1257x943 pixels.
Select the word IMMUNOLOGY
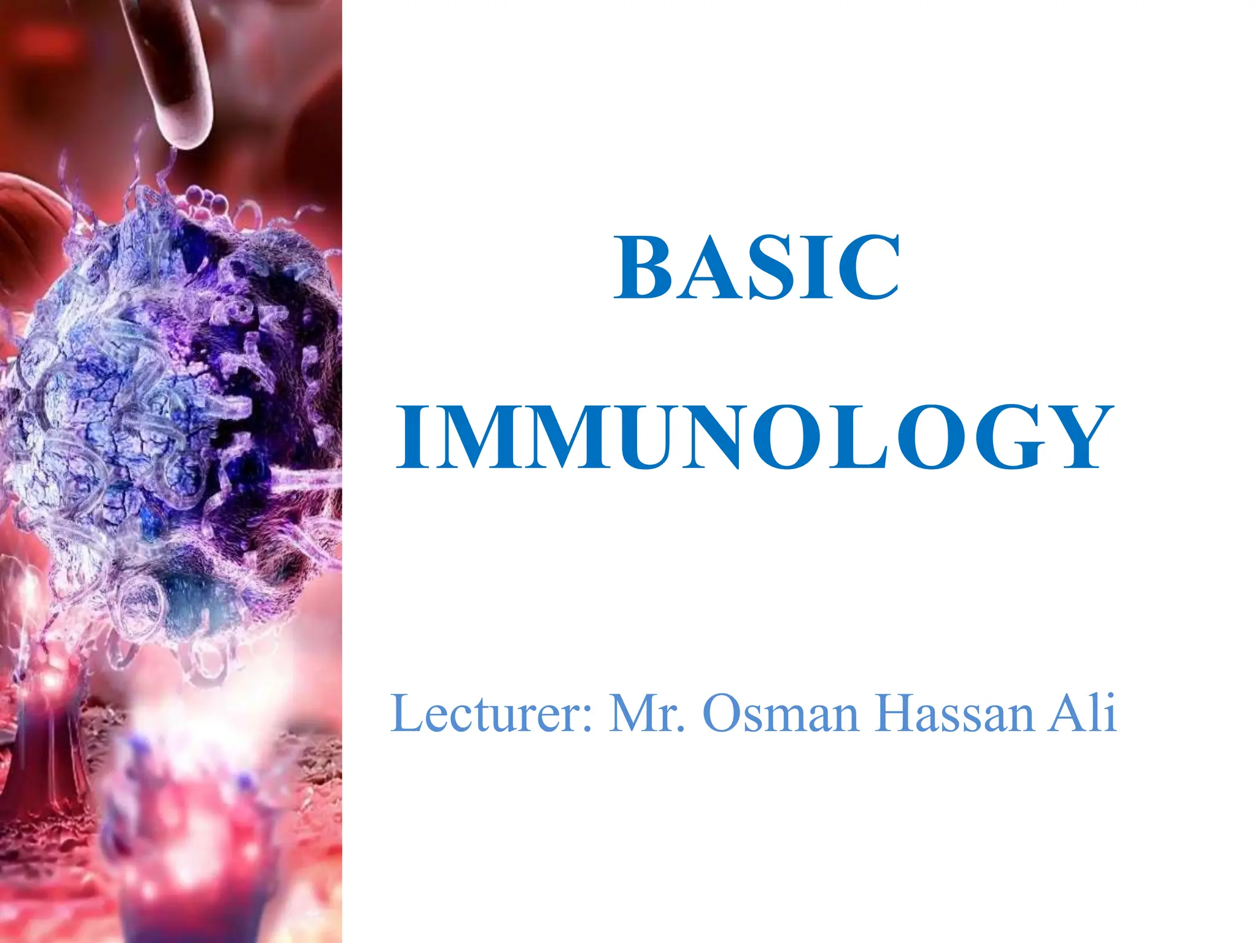755,437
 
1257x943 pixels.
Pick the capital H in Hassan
897,713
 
